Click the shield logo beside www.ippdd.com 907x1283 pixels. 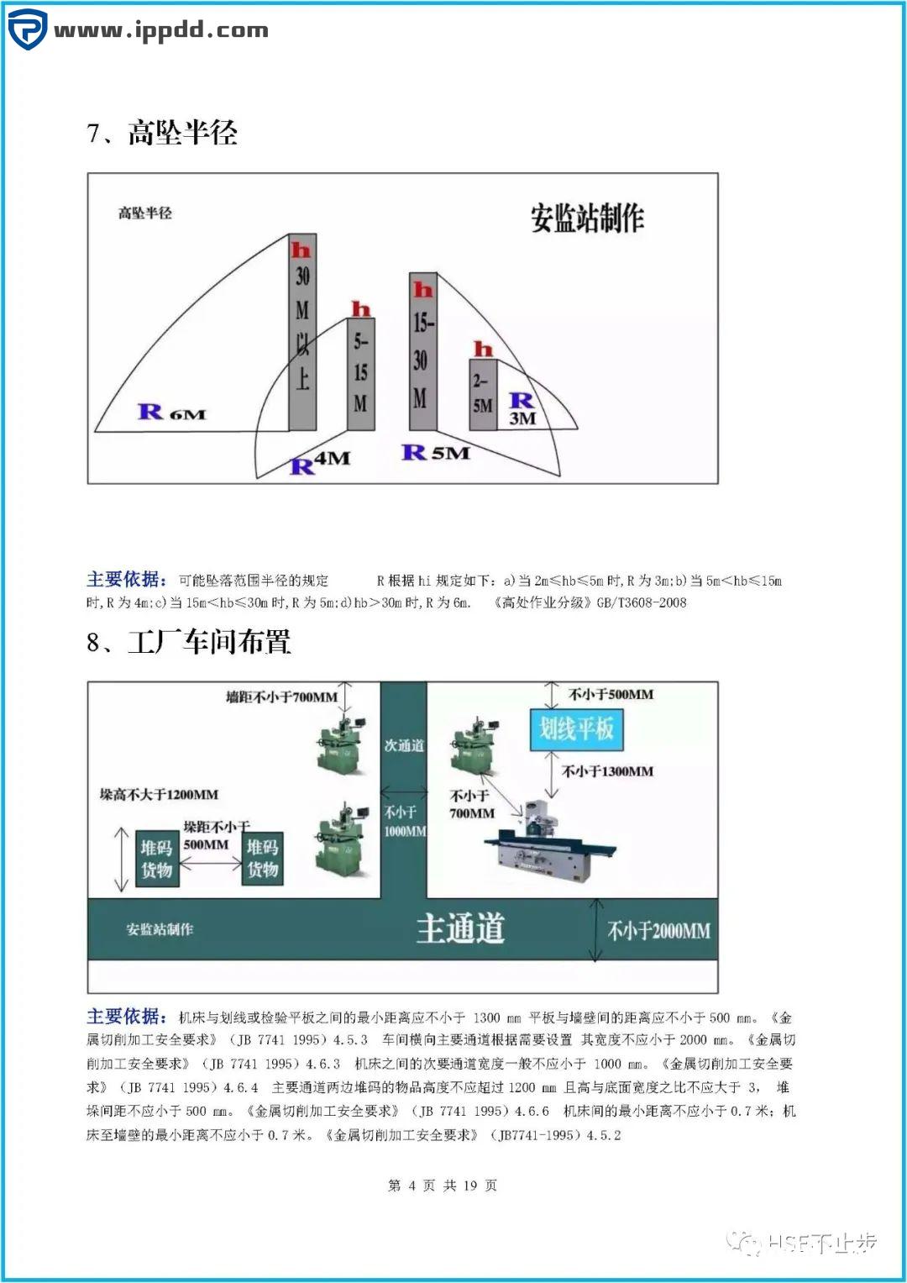pyautogui.click(x=27, y=29)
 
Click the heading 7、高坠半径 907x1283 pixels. pyautogui.click(x=162, y=133)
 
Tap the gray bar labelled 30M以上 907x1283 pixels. pyautogui.click(x=302, y=332)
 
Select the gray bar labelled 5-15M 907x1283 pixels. pyautogui.click(x=361, y=374)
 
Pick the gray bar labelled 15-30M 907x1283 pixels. pyautogui.click(x=422, y=351)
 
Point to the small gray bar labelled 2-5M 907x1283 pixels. pyautogui.click(x=482, y=395)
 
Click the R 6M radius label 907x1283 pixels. pyautogui.click(x=171, y=412)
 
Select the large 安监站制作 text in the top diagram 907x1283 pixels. pyautogui.click(x=586, y=218)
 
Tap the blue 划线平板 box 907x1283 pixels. pyautogui.click(x=575, y=728)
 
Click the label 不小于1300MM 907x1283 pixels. pyautogui.click(x=607, y=771)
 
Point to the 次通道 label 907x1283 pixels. pyautogui.click(x=404, y=745)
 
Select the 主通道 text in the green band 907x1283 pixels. pyautogui.click(x=460, y=928)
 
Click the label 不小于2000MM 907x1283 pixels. pyautogui.click(x=658, y=930)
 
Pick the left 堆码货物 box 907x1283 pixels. pyautogui.click(x=156, y=859)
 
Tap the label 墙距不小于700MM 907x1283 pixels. pyautogui.click(x=281, y=697)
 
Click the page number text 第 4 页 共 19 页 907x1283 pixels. pyautogui.click(x=443, y=1185)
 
